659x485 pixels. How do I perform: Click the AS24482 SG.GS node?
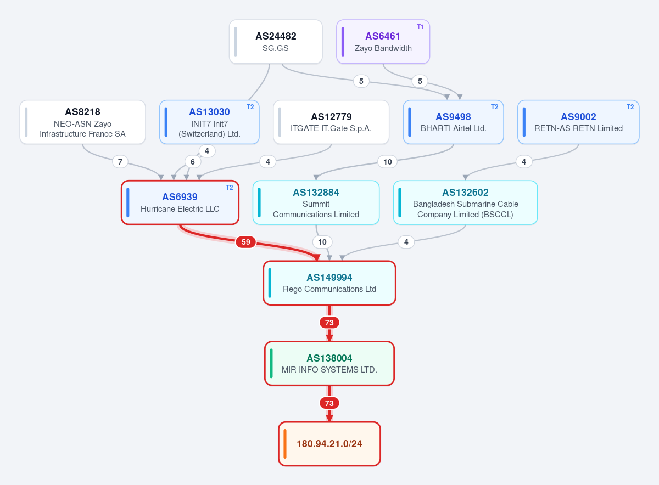[276, 42]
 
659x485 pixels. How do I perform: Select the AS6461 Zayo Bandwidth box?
[383, 42]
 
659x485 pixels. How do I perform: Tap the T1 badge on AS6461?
[420, 27]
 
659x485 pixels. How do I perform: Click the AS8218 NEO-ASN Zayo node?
[83, 122]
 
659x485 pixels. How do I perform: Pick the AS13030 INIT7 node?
[209, 122]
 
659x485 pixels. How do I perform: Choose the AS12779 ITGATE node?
[331, 122]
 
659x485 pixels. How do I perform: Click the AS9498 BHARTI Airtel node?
[453, 122]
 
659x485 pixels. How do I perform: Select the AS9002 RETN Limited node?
[578, 122]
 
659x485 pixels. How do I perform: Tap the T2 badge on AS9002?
[630, 107]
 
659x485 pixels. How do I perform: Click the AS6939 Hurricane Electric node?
[180, 202]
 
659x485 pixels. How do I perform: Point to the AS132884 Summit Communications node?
[316, 202]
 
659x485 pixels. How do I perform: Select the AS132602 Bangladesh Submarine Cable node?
[466, 202]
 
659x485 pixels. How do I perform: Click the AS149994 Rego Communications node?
[329, 283]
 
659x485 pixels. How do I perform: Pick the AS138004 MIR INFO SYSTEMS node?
[329, 363]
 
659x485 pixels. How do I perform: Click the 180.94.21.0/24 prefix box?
[329, 444]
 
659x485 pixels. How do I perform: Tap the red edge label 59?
[245, 242]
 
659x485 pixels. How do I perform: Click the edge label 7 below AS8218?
[120, 162]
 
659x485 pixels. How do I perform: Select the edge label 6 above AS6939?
[193, 162]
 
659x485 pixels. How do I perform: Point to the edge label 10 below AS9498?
[388, 162]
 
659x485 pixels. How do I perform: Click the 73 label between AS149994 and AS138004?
[329, 323]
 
